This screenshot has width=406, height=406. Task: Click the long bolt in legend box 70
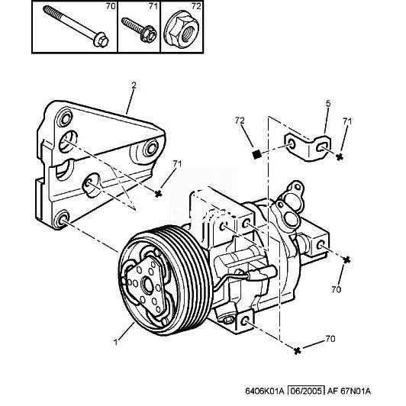coord(76,26)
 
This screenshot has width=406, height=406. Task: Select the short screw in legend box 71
coord(139,29)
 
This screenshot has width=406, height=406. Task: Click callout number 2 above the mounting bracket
coord(134,85)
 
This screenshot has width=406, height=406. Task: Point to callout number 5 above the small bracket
coord(328,104)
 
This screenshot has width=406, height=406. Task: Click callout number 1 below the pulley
coord(116,342)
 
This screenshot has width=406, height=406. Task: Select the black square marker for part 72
coord(256,155)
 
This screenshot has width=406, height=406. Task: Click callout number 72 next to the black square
coord(240,121)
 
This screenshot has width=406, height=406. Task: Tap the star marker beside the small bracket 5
coord(340,156)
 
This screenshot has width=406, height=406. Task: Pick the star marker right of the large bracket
coord(158,193)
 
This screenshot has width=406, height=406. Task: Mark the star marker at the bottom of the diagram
coord(298,350)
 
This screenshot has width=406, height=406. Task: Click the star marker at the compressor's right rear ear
coord(346,259)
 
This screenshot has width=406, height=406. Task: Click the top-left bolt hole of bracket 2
coord(64,118)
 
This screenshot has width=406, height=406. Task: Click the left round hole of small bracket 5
coord(292,145)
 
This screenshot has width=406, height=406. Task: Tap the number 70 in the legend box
coord(111,6)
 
